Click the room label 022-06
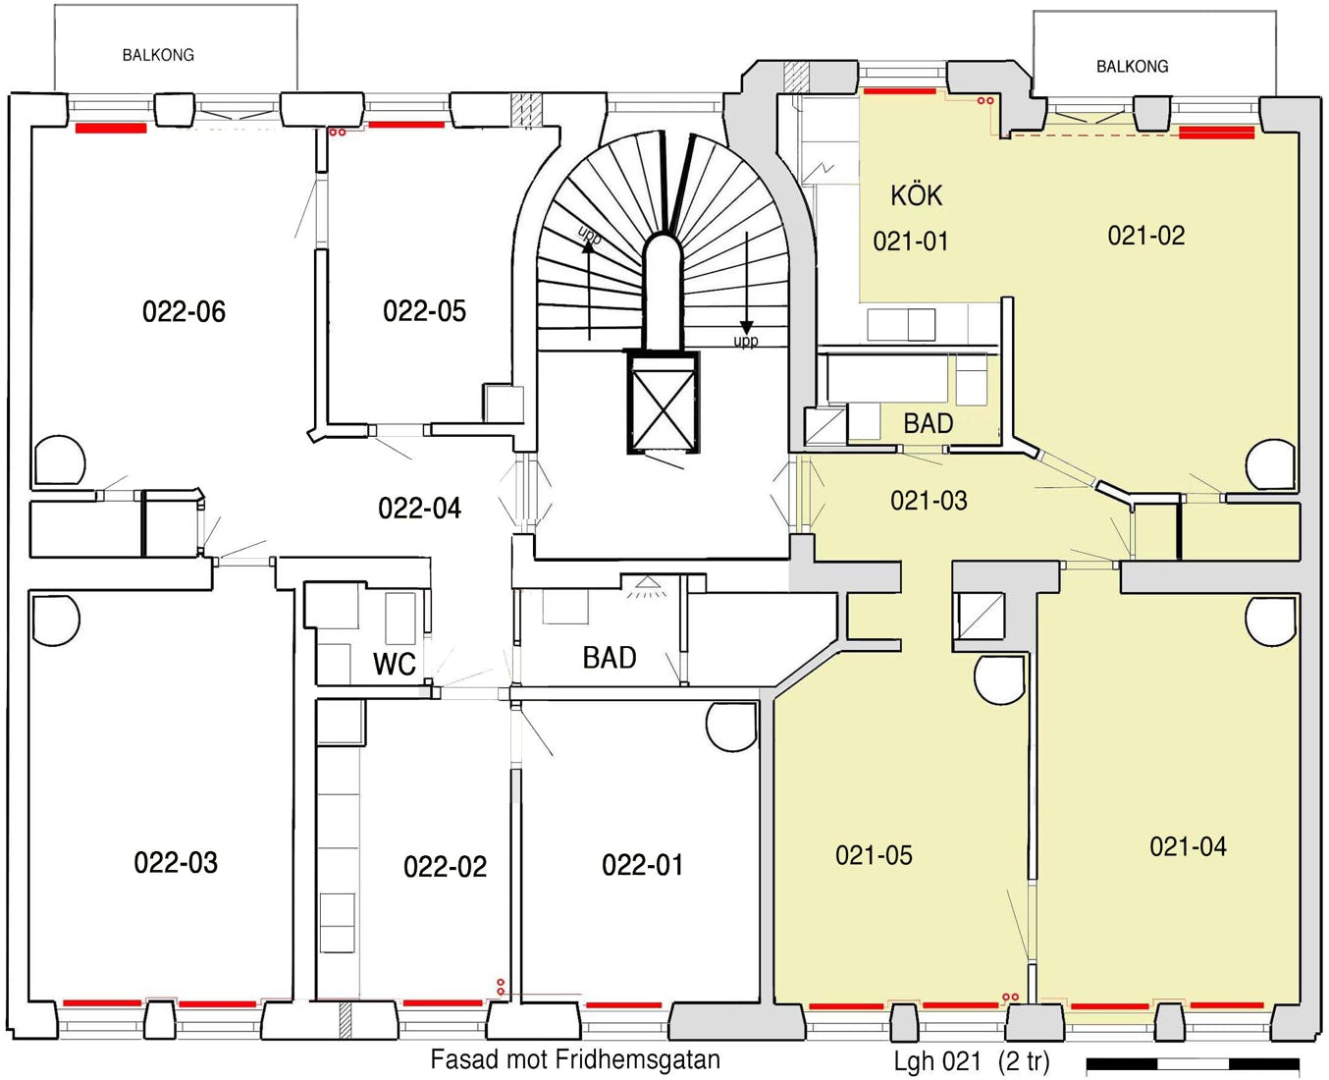click(x=184, y=311)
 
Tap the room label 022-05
click(x=424, y=310)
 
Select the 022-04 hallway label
click(x=419, y=508)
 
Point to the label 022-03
click(x=176, y=862)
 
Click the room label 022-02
click(x=445, y=867)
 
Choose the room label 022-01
click(x=643, y=865)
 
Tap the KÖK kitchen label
click(x=916, y=195)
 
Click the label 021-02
click(x=1146, y=236)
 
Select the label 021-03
click(x=929, y=501)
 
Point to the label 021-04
click(x=1188, y=846)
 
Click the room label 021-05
click(x=874, y=855)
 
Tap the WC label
click(x=395, y=664)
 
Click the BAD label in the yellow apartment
click(x=929, y=423)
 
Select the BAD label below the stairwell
click(x=610, y=658)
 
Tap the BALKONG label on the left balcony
click(x=158, y=55)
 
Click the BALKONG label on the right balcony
click(x=1133, y=66)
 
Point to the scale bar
click(x=1193, y=1063)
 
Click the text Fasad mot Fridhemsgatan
click(x=575, y=1058)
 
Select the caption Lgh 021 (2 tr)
click(x=972, y=1061)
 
